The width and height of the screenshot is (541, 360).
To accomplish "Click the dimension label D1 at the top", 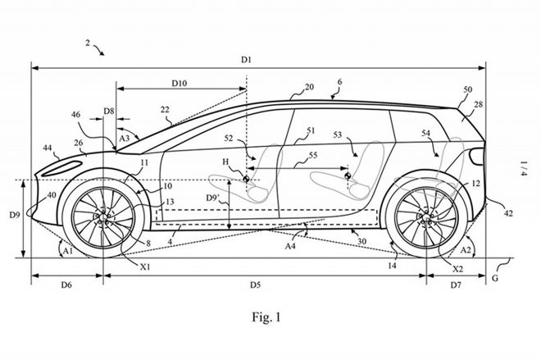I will click(246, 60).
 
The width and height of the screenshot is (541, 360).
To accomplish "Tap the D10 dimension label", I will click(180, 83).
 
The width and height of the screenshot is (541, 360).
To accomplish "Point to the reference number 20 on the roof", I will click(310, 87).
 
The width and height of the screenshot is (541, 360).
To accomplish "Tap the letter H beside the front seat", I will click(226, 164).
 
